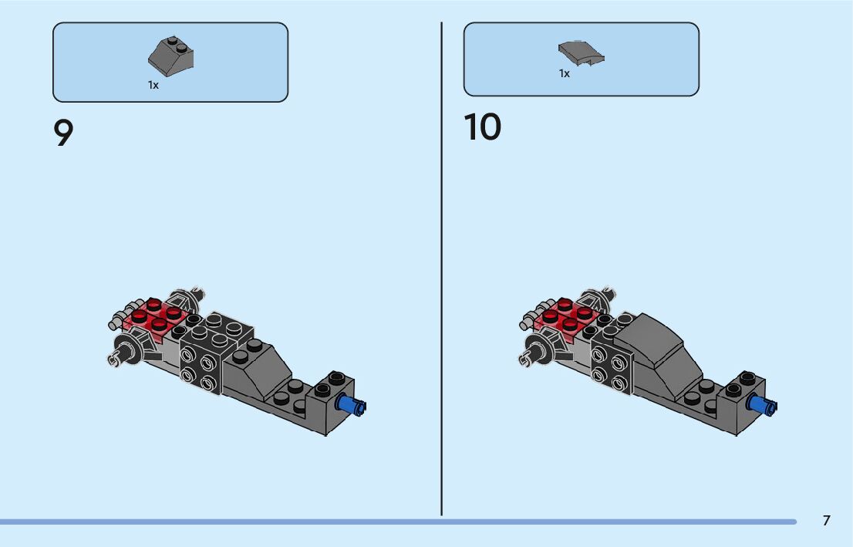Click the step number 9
point(63,133)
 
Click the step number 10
point(482,128)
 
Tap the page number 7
point(826,521)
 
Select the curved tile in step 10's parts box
point(581,52)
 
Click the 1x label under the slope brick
point(153,86)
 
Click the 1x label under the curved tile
point(565,74)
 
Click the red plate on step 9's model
point(157,316)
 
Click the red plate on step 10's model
point(568,316)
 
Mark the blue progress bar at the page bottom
point(397,522)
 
